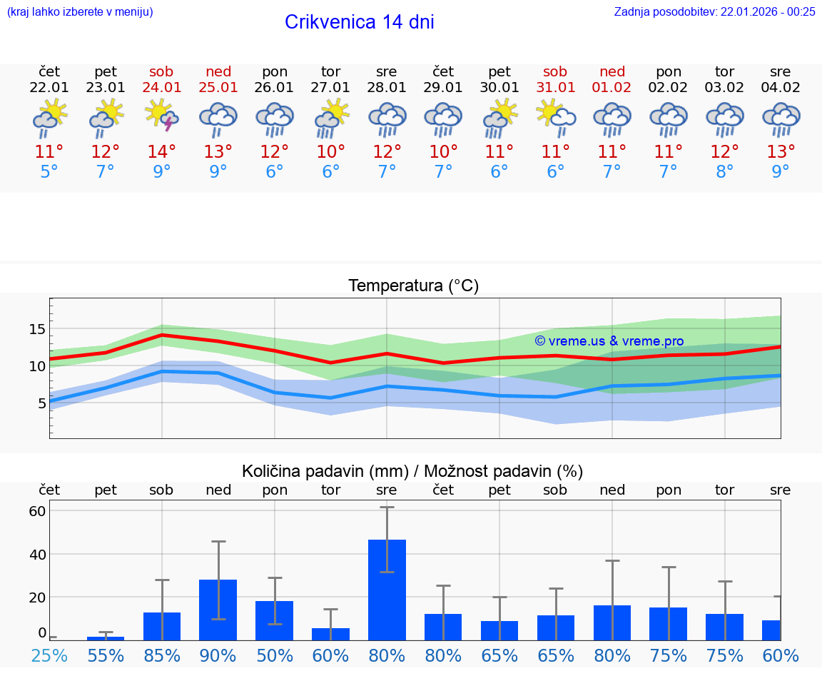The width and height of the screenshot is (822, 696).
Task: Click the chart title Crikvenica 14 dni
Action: (359, 22)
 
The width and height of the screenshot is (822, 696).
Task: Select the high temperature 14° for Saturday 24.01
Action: (161, 152)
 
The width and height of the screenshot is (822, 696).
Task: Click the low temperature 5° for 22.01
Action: (49, 172)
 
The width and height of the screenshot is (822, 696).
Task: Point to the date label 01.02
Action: (612, 87)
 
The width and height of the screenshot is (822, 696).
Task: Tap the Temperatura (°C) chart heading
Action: (413, 286)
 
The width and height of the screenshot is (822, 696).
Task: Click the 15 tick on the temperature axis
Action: (37, 329)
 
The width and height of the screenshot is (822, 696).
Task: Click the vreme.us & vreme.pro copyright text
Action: (609, 341)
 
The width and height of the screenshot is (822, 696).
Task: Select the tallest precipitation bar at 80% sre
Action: (387, 589)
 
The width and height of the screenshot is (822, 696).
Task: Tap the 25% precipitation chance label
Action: (49, 655)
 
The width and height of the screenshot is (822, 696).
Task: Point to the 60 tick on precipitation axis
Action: (37, 511)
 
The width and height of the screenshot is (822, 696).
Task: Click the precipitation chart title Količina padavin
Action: (412, 471)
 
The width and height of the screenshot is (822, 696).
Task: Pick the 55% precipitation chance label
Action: (106, 655)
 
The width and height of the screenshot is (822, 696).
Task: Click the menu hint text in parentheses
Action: (80, 11)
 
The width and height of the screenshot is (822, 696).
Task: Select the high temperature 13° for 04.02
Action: (781, 152)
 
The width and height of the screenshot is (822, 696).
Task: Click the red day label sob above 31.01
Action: (555, 71)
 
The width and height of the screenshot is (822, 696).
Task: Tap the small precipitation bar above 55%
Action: (106, 637)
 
